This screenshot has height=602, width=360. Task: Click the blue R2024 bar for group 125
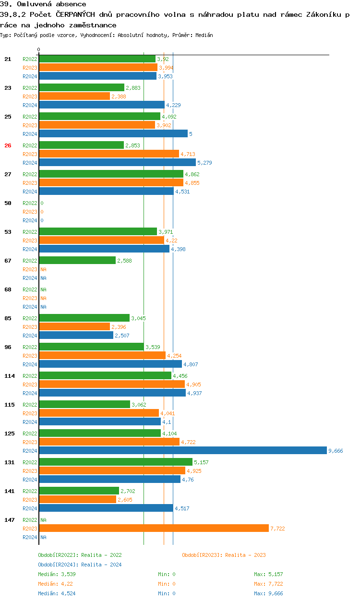click(182, 451)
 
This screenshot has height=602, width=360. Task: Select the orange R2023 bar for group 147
click(154, 528)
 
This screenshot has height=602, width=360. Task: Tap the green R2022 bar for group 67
click(77, 261)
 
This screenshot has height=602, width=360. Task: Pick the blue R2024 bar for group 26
click(117, 163)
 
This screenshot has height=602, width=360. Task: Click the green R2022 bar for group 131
click(115, 462)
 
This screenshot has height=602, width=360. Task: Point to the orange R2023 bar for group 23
click(74, 96)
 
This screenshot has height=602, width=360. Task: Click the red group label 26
click(8, 145)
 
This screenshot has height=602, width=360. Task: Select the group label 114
click(9, 376)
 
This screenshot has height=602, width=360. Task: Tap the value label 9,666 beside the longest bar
click(336, 451)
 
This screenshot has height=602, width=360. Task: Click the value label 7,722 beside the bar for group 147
click(277, 529)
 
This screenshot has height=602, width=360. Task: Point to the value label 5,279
click(204, 163)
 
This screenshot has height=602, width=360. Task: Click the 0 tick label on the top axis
click(39, 49)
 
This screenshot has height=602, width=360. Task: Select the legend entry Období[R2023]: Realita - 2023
click(224, 555)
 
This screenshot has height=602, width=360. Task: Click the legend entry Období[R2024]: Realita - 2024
click(80, 565)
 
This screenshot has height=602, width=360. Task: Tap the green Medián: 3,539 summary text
click(57, 574)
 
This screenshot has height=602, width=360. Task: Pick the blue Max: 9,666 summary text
click(268, 593)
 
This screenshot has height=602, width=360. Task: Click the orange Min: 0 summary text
click(167, 584)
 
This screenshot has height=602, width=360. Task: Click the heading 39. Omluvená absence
click(43, 4)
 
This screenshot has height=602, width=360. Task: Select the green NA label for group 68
click(43, 289)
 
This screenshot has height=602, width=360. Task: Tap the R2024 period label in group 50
click(30, 220)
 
